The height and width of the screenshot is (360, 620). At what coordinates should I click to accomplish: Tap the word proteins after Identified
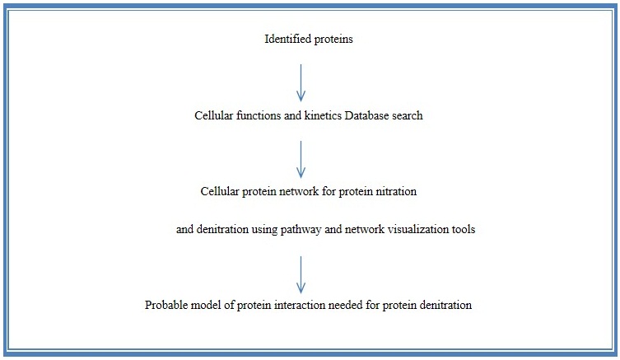pos(333,40)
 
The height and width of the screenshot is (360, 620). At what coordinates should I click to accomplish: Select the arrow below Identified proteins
pos(301,82)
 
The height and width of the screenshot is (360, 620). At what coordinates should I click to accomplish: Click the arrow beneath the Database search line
pos(301,159)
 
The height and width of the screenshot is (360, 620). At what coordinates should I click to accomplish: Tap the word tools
pos(463,229)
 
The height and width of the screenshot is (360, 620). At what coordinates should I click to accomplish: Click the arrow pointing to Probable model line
pos(301,274)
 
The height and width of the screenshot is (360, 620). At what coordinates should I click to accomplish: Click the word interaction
pos(300,305)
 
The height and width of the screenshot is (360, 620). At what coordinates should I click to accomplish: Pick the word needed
pos(344,305)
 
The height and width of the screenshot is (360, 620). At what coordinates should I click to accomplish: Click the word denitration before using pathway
pos(221,229)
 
